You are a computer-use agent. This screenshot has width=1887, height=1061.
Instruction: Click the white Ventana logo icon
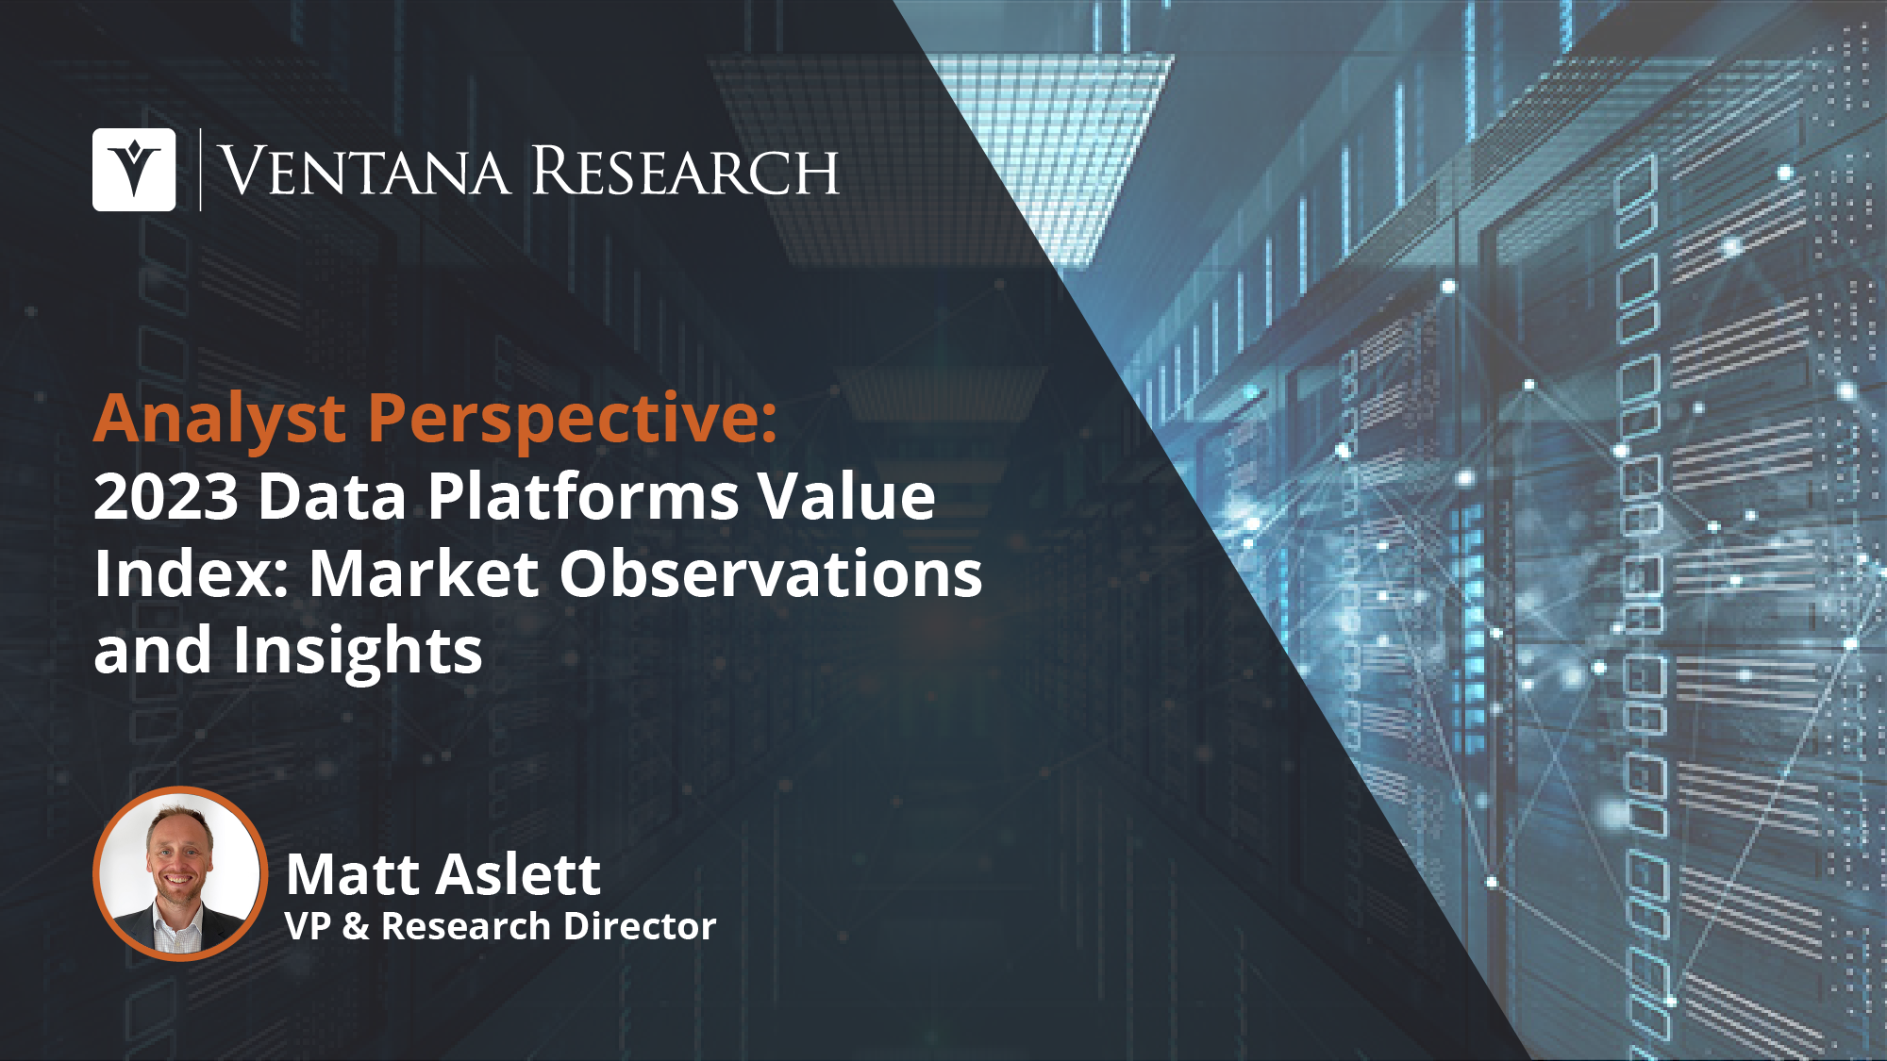[134, 170]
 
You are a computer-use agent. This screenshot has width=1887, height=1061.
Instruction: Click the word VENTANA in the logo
[365, 171]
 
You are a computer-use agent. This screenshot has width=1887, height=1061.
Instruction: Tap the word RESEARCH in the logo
[685, 171]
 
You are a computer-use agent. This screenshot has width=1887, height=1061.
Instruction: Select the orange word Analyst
[221, 420]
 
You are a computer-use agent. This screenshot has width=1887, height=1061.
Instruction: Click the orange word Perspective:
[573, 420]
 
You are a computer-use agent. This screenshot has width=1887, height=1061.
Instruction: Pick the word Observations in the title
[771, 573]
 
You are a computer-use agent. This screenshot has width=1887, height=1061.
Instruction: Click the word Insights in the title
[358, 651]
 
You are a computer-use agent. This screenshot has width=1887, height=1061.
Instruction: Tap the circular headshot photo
[179, 873]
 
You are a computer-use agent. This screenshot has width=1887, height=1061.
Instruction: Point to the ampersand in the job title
[356, 926]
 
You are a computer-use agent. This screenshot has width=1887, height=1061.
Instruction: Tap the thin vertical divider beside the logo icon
[200, 170]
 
